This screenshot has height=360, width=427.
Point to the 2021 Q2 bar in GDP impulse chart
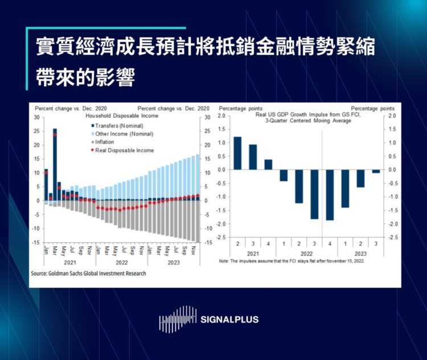coord(237,153)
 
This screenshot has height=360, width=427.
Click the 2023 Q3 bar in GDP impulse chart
coord(376,171)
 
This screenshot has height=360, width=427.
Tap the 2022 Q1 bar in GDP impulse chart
coord(284,175)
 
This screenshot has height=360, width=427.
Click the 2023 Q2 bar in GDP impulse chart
coord(360,178)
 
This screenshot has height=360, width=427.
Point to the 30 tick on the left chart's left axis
coord(37,117)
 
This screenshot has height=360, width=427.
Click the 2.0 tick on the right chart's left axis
coord(223,116)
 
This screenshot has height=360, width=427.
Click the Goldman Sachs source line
coord(88,273)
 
